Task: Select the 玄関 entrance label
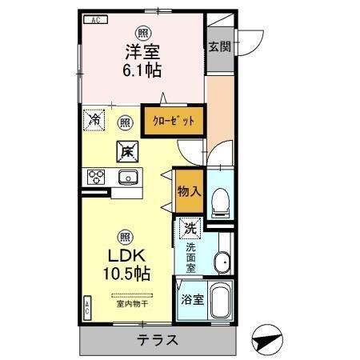[x=220, y=47]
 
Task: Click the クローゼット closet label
[x=173, y=122]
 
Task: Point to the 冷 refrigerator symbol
[x=94, y=122]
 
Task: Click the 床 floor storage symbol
[x=126, y=150]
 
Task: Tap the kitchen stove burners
[x=97, y=177]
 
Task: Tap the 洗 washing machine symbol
[x=189, y=228]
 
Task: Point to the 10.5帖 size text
[x=126, y=273]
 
